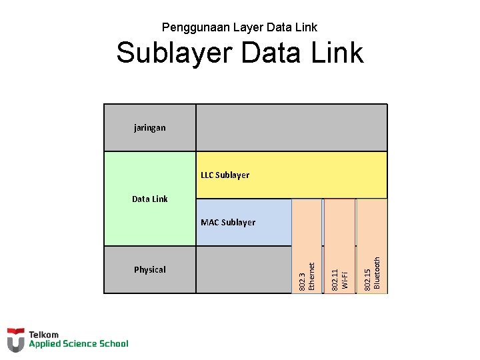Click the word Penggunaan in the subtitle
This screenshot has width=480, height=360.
[x=189, y=28]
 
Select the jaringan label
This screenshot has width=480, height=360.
[x=150, y=127]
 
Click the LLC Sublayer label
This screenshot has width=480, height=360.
[x=225, y=175]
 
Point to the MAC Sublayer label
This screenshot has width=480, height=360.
[x=228, y=223]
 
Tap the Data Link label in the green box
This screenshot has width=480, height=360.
[x=150, y=199]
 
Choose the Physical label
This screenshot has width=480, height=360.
[x=150, y=270]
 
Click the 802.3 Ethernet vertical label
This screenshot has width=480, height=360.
[x=307, y=275]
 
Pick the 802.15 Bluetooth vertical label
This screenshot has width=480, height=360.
[x=372, y=273]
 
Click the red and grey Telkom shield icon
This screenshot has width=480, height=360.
[x=16, y=339]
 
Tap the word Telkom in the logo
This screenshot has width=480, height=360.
[x=43, y=335]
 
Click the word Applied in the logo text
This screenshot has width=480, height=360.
[x=45, y=344]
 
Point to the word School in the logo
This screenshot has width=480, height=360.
[x=113, y=344]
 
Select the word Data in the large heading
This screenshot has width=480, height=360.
[x=268, y=53]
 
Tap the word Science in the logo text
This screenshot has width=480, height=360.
[x=80, y=344]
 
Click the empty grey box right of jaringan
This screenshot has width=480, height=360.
[x=291, y=127]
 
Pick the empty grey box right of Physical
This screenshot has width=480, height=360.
[x=243, y=270]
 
